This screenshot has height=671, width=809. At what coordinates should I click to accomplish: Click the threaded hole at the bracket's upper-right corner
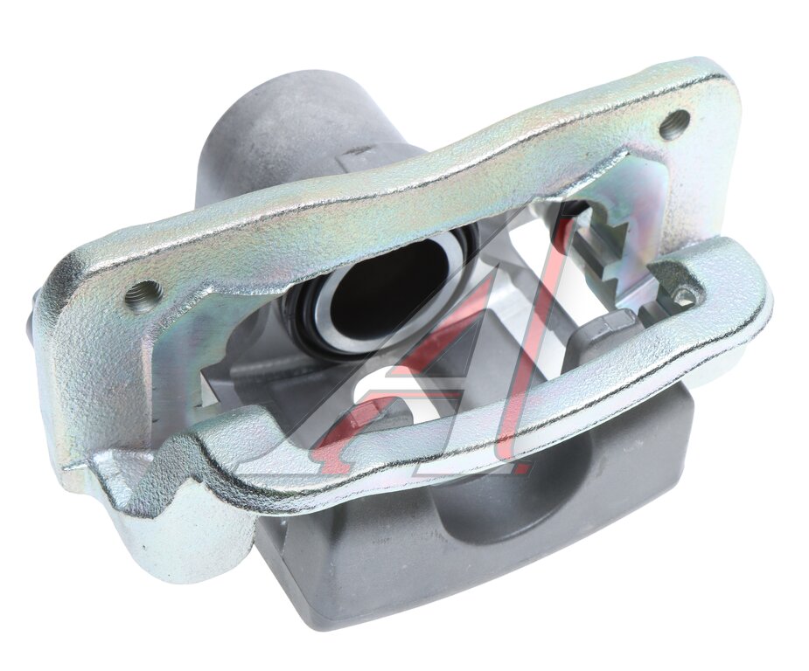tap(675, 124)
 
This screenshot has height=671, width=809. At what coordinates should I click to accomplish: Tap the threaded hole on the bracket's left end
tap(144, 294)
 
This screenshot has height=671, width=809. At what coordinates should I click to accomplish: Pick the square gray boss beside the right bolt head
tap(604, 335)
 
